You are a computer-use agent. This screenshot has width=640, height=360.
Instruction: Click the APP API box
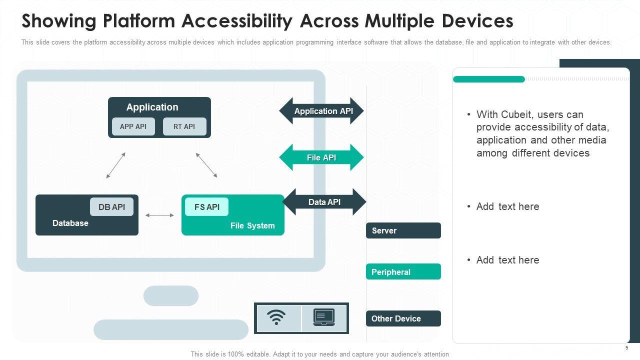(133, 126)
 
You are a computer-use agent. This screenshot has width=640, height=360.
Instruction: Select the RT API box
(184, 126)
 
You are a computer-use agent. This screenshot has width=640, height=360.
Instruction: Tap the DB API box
(111, 207)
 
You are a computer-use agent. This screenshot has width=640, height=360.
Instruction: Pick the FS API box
(207, 207)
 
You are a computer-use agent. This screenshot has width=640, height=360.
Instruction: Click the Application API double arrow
(321, 111)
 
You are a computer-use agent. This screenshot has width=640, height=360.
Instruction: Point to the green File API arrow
(321, 157)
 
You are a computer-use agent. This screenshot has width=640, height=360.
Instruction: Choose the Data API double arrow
(324, 202)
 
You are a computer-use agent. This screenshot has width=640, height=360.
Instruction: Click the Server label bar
(403, 230)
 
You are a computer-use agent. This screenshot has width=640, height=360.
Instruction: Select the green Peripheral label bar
(403, 271)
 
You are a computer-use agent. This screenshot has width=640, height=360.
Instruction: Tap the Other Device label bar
(403, 318)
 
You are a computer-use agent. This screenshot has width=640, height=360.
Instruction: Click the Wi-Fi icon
(276, 317)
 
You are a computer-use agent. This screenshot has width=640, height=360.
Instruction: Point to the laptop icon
(324, 317)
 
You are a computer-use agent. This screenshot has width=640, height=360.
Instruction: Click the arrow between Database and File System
(159, 215)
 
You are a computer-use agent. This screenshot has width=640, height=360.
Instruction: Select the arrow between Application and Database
(115, 165)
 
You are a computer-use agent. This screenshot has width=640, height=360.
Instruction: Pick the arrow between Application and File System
(206, 165)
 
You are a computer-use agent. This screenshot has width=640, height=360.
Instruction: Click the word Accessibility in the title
(237, 21)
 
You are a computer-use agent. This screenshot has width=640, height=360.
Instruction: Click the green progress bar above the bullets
(489, 79)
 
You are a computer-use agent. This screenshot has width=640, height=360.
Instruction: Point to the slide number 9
(626, 347)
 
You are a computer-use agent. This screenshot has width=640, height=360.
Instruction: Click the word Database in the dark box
(70, 223)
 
